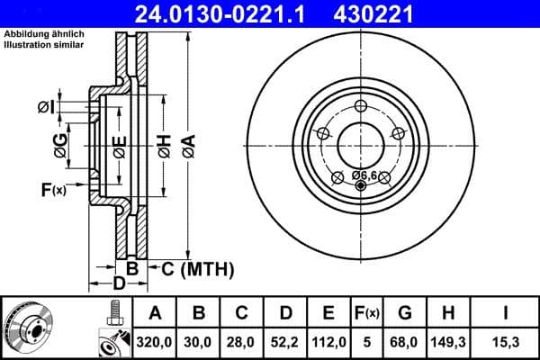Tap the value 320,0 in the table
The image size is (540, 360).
[x=155, y=343]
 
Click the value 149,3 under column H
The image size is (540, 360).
[x=450, y=343]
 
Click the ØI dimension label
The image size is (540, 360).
[x=46, y=107]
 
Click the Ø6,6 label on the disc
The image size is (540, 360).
[x=364, y=174]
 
